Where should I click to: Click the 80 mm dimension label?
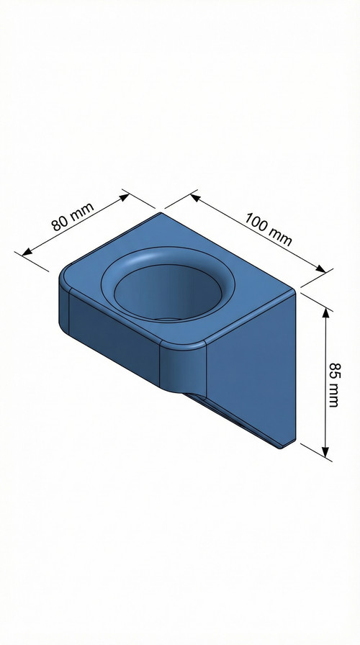click(x=73, y=216)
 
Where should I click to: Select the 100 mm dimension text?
click(x=269, y=228)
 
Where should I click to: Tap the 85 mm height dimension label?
click(x=333, y=385)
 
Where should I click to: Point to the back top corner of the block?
click(x=161, y=212)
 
